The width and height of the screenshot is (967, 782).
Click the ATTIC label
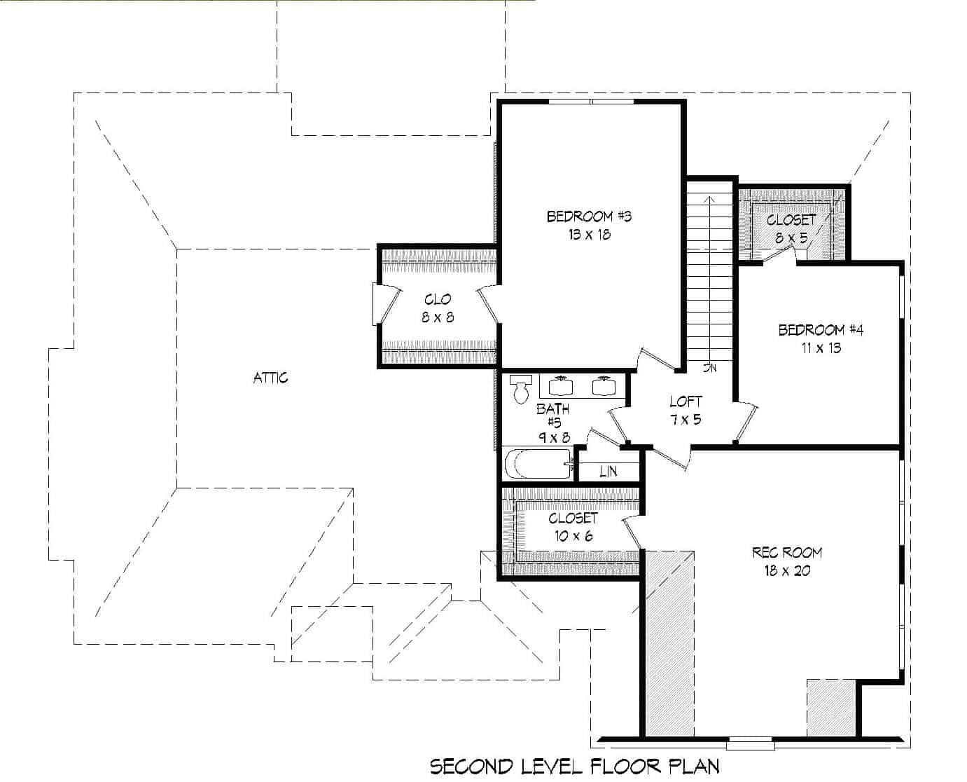(x=270, y=378)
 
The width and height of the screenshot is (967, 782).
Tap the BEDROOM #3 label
(x=589, y=217)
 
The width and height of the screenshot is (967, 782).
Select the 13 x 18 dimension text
(x=589, y=235)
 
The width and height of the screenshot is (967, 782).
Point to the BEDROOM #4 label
(x=821, y=329)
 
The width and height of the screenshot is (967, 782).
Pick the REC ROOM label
(x=787, y=552)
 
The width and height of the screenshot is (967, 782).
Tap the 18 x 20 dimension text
(x=787, y=570)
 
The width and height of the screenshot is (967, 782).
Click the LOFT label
(x=686, y=402)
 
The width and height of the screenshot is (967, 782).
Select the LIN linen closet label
(x=608, y=472)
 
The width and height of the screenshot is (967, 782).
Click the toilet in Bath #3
(x=520, y=390)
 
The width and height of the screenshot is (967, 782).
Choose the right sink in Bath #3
(x=603, y=386)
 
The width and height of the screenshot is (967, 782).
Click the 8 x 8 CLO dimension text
(x=438, y=317)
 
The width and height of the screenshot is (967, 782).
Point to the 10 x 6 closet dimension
(x=573, y=536)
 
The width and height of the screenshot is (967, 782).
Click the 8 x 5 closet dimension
(x=791, y=238)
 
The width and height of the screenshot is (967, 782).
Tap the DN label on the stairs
(x=710, y=368)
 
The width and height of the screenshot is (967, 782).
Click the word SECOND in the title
(x=471, y=766)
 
